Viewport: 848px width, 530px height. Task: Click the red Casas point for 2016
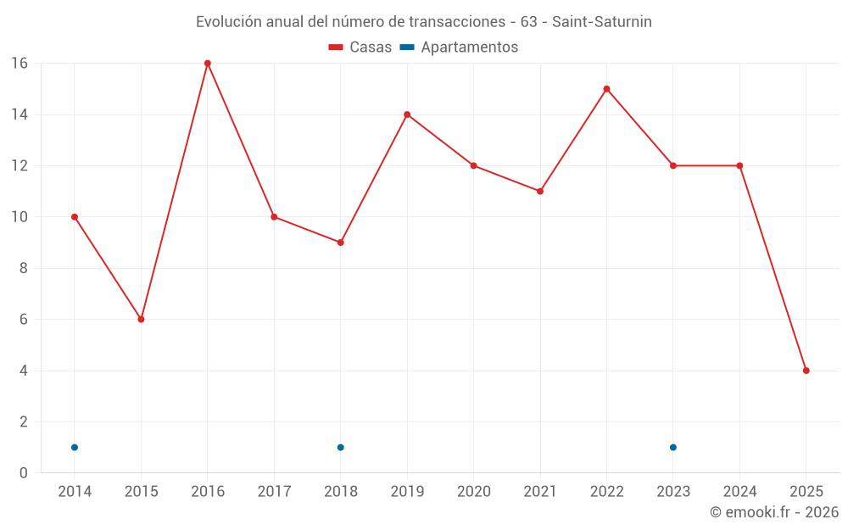(208, 64)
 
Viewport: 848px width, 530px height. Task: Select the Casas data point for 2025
(806, 371)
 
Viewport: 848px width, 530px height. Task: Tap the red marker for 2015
(141, 319)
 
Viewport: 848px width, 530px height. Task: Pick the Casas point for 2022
(606, 89)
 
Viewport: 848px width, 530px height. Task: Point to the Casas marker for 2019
(407, 114)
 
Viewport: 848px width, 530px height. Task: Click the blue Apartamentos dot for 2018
(341, 447)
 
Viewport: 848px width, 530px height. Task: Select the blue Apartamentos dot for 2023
(673, 447)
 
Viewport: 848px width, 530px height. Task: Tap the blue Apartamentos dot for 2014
(75, 447)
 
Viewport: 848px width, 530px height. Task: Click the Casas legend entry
(360, 47)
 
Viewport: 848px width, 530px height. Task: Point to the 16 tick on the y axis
(19, 64)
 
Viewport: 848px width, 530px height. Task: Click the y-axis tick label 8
(24, 268)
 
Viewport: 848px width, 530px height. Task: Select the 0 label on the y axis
(24, 473)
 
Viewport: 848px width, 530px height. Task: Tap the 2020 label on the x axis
(473, 492)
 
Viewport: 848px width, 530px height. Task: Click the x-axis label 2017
(274, 492)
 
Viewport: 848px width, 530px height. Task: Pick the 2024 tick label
(739, 492)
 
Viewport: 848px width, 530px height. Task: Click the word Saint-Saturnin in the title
(601, 22)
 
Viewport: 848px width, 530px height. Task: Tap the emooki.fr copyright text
(773, 512)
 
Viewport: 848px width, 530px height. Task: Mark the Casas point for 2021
(540, 191)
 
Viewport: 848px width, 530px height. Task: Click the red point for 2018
(341, 243)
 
